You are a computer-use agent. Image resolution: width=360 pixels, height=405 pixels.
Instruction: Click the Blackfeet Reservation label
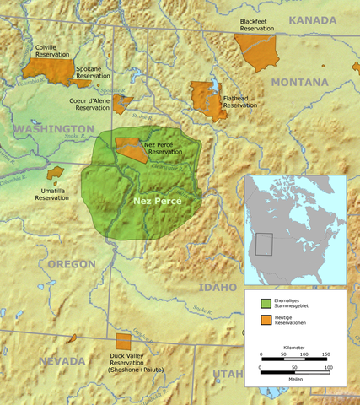tap(257, 24)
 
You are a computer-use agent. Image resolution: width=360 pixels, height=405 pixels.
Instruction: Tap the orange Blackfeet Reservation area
tap(257, 51)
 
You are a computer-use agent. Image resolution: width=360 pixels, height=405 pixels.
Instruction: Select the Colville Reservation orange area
tap(53, 70)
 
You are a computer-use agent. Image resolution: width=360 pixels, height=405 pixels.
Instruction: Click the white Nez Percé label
tap(158, 202)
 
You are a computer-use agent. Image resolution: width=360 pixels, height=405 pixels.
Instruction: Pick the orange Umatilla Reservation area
tap(56, 173)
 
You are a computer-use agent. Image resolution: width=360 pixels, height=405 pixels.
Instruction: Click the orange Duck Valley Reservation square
tap(123, 342)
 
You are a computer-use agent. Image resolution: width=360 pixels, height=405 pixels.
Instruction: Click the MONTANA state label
tap(299, 82)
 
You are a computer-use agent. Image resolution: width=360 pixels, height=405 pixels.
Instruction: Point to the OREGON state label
tap(72, 264)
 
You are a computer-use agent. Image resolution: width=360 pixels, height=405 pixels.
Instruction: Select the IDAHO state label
tap(218, 288)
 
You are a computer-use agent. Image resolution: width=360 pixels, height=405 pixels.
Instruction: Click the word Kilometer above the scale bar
tap(294, 348)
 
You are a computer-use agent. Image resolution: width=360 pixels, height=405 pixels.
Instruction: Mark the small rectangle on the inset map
tap(266, 244)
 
